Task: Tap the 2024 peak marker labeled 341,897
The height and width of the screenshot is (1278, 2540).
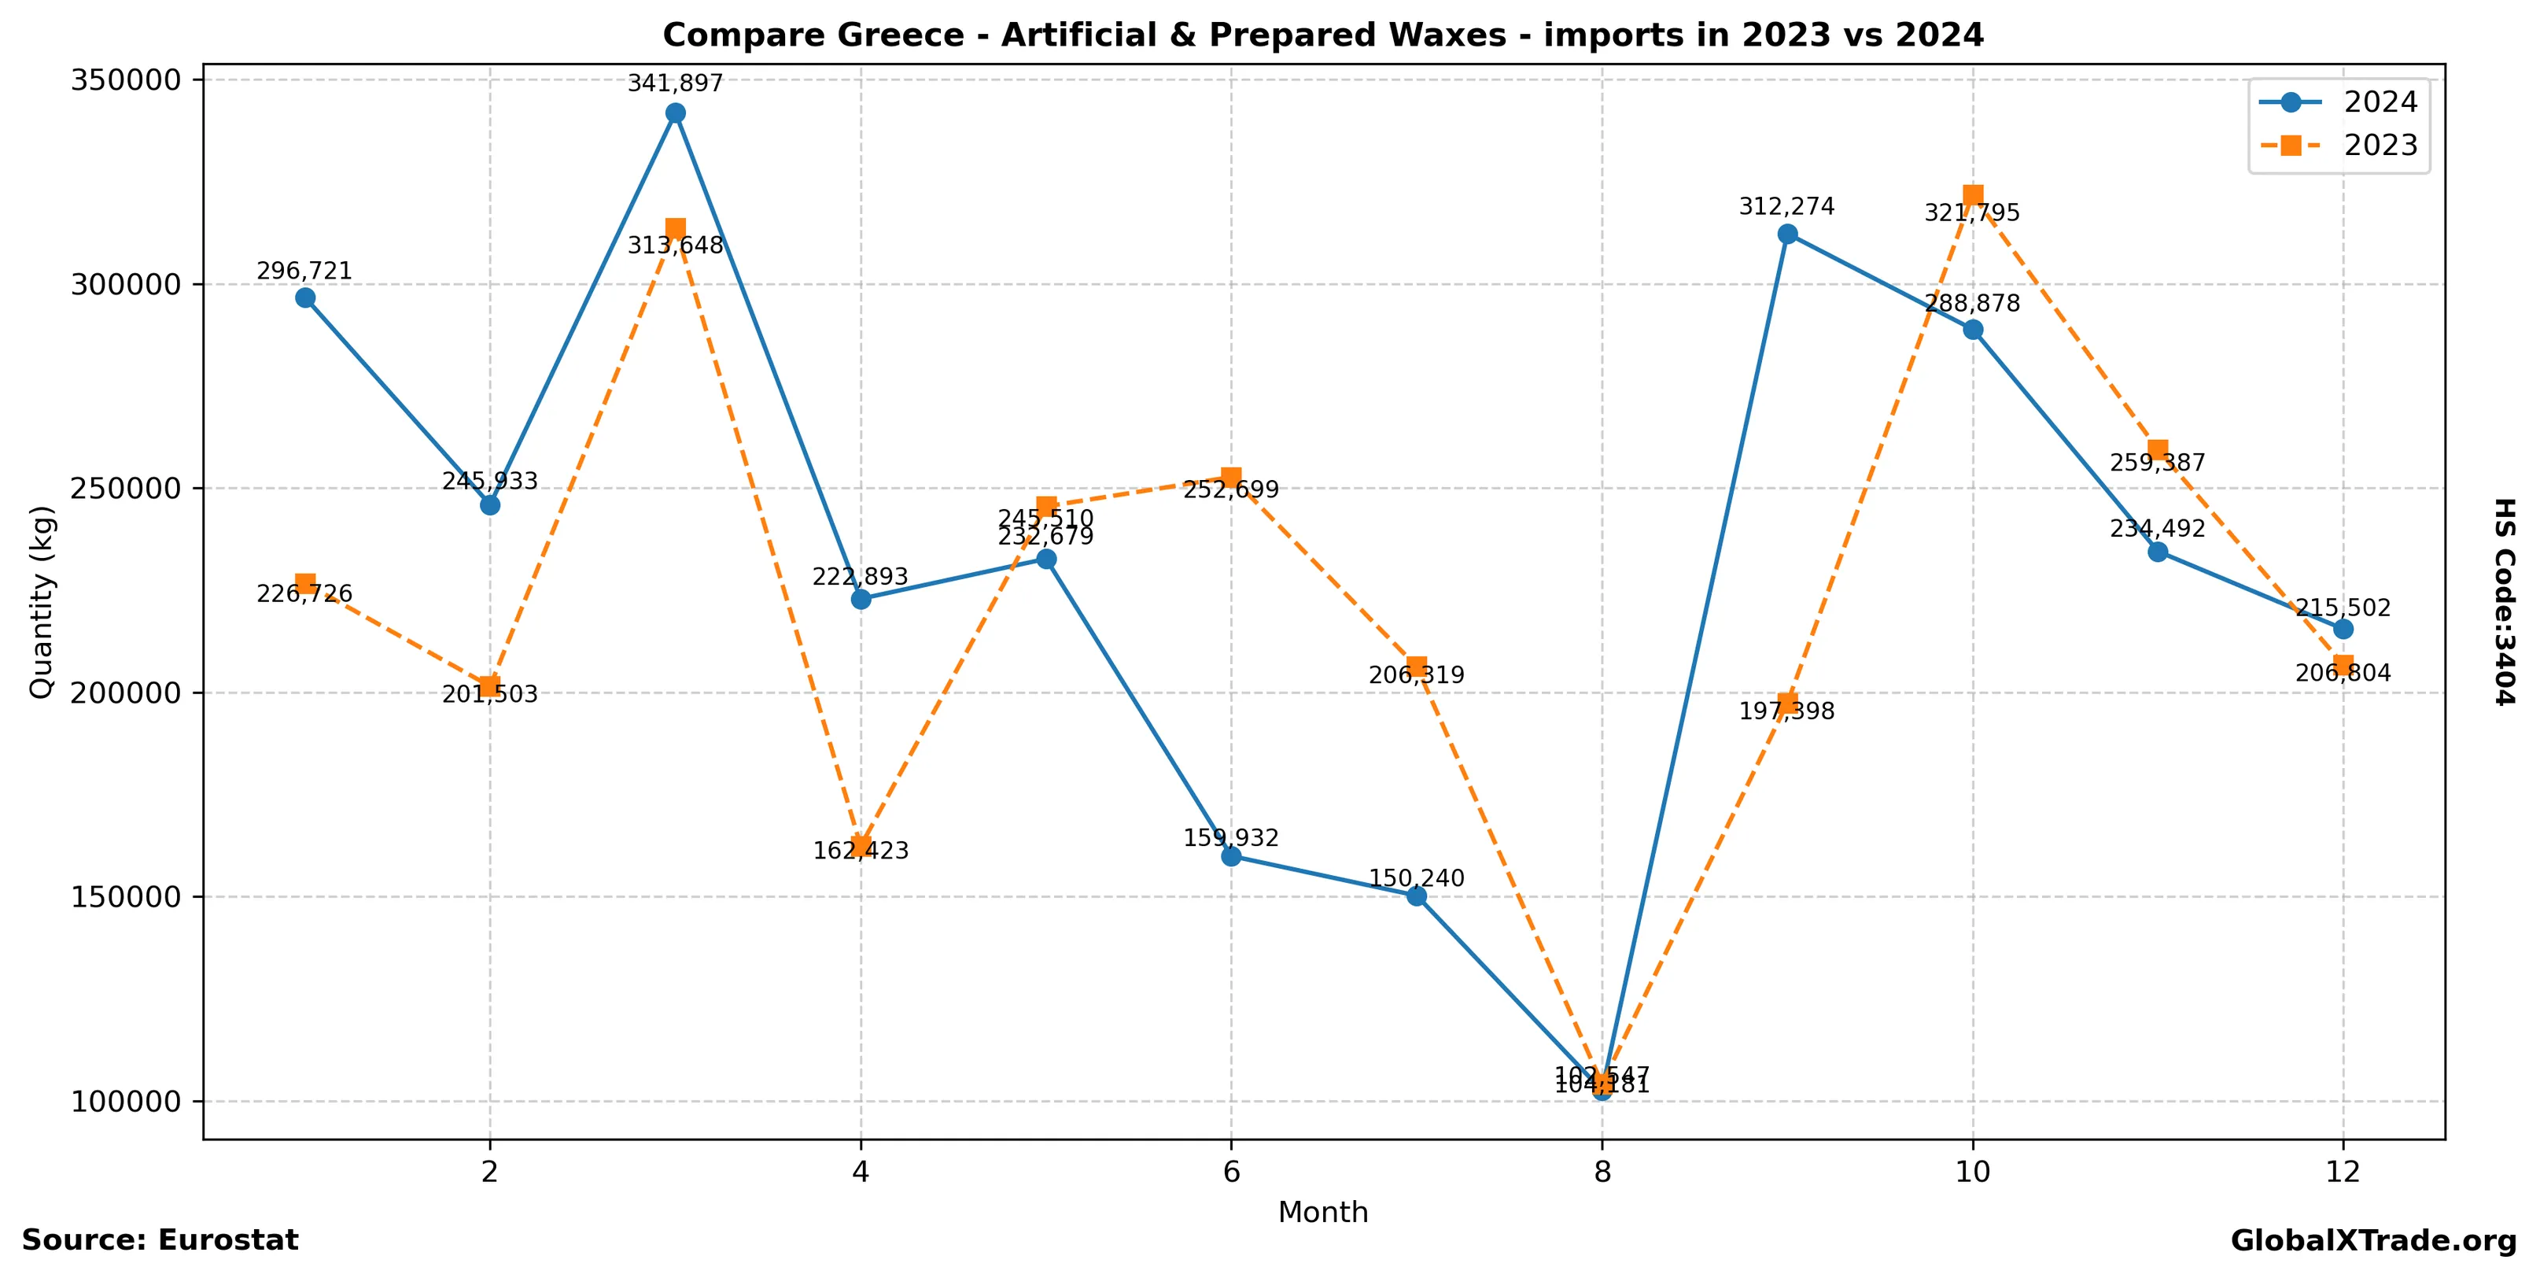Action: pyautogui.click(x=676, y=113)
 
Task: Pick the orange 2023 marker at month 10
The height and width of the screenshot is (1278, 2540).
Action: pyautogui.click(x=1973, y=195)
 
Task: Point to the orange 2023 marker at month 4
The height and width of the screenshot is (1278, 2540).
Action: pyautogui.click(x=861, y=845)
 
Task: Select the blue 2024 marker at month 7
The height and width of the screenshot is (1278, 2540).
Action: pyautogui.click(x=1417, y=896)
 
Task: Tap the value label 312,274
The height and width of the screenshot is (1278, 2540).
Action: pyautogui.click(x=1786, y=207)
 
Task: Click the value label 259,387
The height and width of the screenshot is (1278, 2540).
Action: pyautogui.click(x=2158, y=464)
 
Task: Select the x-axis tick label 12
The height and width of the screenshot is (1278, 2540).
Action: pyautogui.click(x=2343, y=1173)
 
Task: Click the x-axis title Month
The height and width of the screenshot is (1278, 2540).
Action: pyautogui.click(x=1323, y=1213)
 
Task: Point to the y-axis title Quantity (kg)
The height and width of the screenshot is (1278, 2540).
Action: pyautogui.click(x=42, y=601)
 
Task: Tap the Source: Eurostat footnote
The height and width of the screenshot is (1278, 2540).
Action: pyautogui.click(x=160, y=1240)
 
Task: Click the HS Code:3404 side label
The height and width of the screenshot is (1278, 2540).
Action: pyautogui.click(x=2504, y=601)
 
